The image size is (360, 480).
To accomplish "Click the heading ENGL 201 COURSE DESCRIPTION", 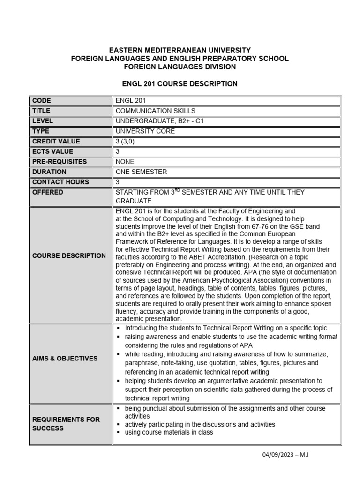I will pos(180,84).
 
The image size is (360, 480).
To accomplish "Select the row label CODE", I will pos(42,101).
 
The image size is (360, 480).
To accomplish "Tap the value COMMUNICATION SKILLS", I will pos(155,111).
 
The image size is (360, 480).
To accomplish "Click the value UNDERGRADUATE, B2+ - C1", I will pos(160,121).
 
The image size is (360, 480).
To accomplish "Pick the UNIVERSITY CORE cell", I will pos(145,131).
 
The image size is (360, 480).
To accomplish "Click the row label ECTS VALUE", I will pos(53,151).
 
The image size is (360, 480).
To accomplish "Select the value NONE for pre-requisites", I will pos(126,162).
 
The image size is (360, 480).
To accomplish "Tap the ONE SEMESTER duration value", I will pos(141,172).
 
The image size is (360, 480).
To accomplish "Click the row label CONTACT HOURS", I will pos(60,182).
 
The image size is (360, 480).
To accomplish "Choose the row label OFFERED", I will pos(48,192).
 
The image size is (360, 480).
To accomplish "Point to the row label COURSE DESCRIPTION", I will pos(69,255).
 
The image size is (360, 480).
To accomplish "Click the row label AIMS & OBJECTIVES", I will pos(65,358).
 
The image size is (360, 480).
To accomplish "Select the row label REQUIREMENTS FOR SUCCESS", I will pos(66,424).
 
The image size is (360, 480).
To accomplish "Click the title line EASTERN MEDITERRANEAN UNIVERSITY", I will pos(180,50).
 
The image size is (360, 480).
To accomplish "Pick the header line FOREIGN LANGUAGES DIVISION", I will pos(180,67).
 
